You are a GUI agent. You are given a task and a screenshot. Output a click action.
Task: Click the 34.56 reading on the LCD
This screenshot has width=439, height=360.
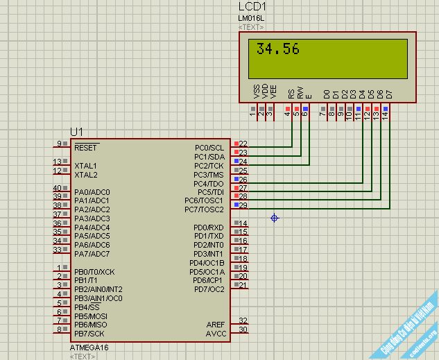tap(278, 49)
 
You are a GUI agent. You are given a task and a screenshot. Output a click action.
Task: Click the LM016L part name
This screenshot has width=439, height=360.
tap(252, 18)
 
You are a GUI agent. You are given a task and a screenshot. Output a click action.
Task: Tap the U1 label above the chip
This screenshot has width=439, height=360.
tap(76, 132)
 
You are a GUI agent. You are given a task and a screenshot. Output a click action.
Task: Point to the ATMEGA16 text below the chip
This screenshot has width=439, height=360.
tap(89, 347)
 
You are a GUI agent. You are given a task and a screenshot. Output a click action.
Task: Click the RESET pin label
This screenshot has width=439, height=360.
tap(86, 148)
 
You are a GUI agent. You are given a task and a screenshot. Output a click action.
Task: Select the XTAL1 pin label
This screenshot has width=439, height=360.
tap(86, 166)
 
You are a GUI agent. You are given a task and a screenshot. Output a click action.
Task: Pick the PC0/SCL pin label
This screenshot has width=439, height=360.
tap(209, 148)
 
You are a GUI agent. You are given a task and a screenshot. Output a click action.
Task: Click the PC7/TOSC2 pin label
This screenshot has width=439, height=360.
tap(204, 209)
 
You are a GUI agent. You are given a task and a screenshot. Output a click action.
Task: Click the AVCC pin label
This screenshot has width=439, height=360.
tap(216, 334)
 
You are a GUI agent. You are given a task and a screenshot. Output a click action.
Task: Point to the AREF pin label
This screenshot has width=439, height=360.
tap(216, 325)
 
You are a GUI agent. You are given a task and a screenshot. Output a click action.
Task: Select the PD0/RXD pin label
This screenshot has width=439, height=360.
tap(208, 228)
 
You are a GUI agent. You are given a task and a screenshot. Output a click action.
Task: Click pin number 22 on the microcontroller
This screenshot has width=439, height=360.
tap(243, 144)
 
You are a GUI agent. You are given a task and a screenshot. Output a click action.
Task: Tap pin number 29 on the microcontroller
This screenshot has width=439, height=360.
tap(243, 205)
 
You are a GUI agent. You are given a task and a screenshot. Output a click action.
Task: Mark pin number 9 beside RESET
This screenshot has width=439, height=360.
tap(59, 144)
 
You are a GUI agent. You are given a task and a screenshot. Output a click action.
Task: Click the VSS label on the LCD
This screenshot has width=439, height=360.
tap(257, 92)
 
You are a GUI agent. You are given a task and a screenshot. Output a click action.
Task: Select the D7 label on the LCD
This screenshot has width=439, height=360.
tap(389, 94)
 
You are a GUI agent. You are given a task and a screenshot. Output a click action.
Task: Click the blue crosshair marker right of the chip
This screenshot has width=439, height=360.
tap(275, 218)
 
